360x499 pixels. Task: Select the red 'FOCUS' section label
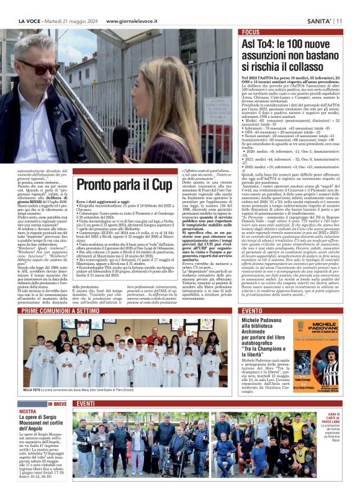tap(251, 32)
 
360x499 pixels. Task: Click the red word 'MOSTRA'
tap(27, 411)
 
